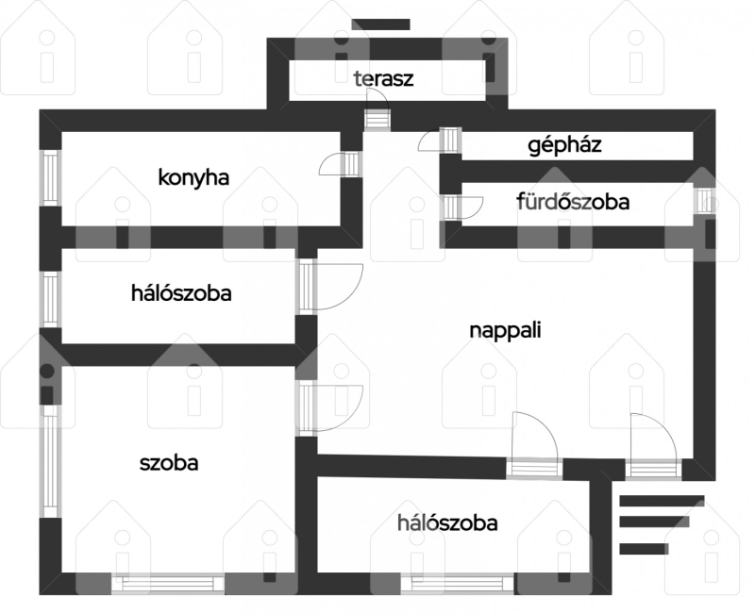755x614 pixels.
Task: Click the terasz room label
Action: point(383,78)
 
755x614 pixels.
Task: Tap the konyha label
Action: point(193,178)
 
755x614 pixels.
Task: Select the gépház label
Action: point(564,145)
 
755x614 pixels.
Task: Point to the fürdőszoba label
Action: point(573,201)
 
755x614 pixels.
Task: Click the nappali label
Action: point(505,330)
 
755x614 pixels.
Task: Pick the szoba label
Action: point(169,463)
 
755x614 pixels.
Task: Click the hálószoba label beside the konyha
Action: point(181,293)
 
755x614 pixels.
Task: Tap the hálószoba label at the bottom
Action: point(447,523)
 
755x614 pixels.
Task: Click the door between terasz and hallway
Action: point(377,110)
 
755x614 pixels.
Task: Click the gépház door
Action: point(441,140)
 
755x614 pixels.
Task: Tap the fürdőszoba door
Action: point(462,207)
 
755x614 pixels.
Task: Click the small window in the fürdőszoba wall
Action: point(704,201)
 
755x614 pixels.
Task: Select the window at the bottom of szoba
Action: point(168,584)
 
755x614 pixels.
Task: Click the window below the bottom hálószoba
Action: point(457,584)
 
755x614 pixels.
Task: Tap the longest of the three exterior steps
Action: point(662,501)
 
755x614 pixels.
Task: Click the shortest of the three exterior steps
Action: point(644,549)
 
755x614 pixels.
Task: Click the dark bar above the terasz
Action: point(380,25)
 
